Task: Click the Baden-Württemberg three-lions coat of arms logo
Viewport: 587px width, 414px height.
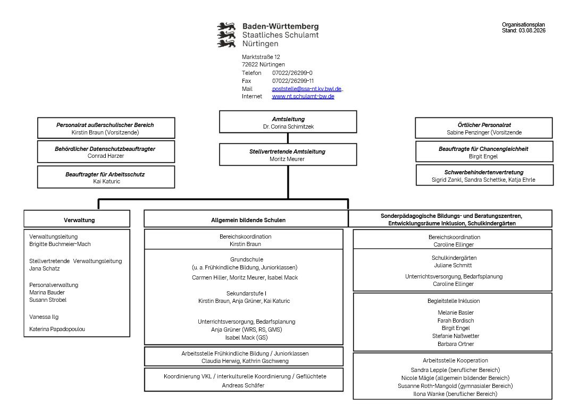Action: pos(227,35)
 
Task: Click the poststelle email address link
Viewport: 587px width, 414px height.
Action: pos(307,89)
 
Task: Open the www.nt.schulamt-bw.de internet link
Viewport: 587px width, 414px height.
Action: pos(303,96)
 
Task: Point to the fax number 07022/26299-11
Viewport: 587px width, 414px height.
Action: pos(293,81)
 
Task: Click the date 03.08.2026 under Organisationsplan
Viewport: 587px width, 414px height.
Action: pos(532,31)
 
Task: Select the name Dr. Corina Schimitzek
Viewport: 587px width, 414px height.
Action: pos(288,126)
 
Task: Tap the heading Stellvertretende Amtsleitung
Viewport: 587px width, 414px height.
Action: pos(288,151)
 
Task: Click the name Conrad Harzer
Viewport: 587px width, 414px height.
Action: pos(106,156)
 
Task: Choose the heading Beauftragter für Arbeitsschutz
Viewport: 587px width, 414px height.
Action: pos(105,174)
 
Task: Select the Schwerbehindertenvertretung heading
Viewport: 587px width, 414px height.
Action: pos(484,172)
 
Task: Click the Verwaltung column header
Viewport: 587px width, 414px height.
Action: pos(79,220)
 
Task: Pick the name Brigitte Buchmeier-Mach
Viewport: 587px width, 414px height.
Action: pos(60,244)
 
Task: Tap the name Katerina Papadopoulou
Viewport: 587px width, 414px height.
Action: pos(57,329)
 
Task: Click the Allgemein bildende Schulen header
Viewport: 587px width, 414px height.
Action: pos(248,220)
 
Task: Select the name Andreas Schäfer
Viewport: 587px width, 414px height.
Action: pos(244,385)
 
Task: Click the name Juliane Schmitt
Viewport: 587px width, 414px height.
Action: pos(453,265)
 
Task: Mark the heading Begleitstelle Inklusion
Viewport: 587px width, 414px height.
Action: pos(454,301)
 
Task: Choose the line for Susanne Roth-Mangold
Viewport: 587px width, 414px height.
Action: pos(455,386)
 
